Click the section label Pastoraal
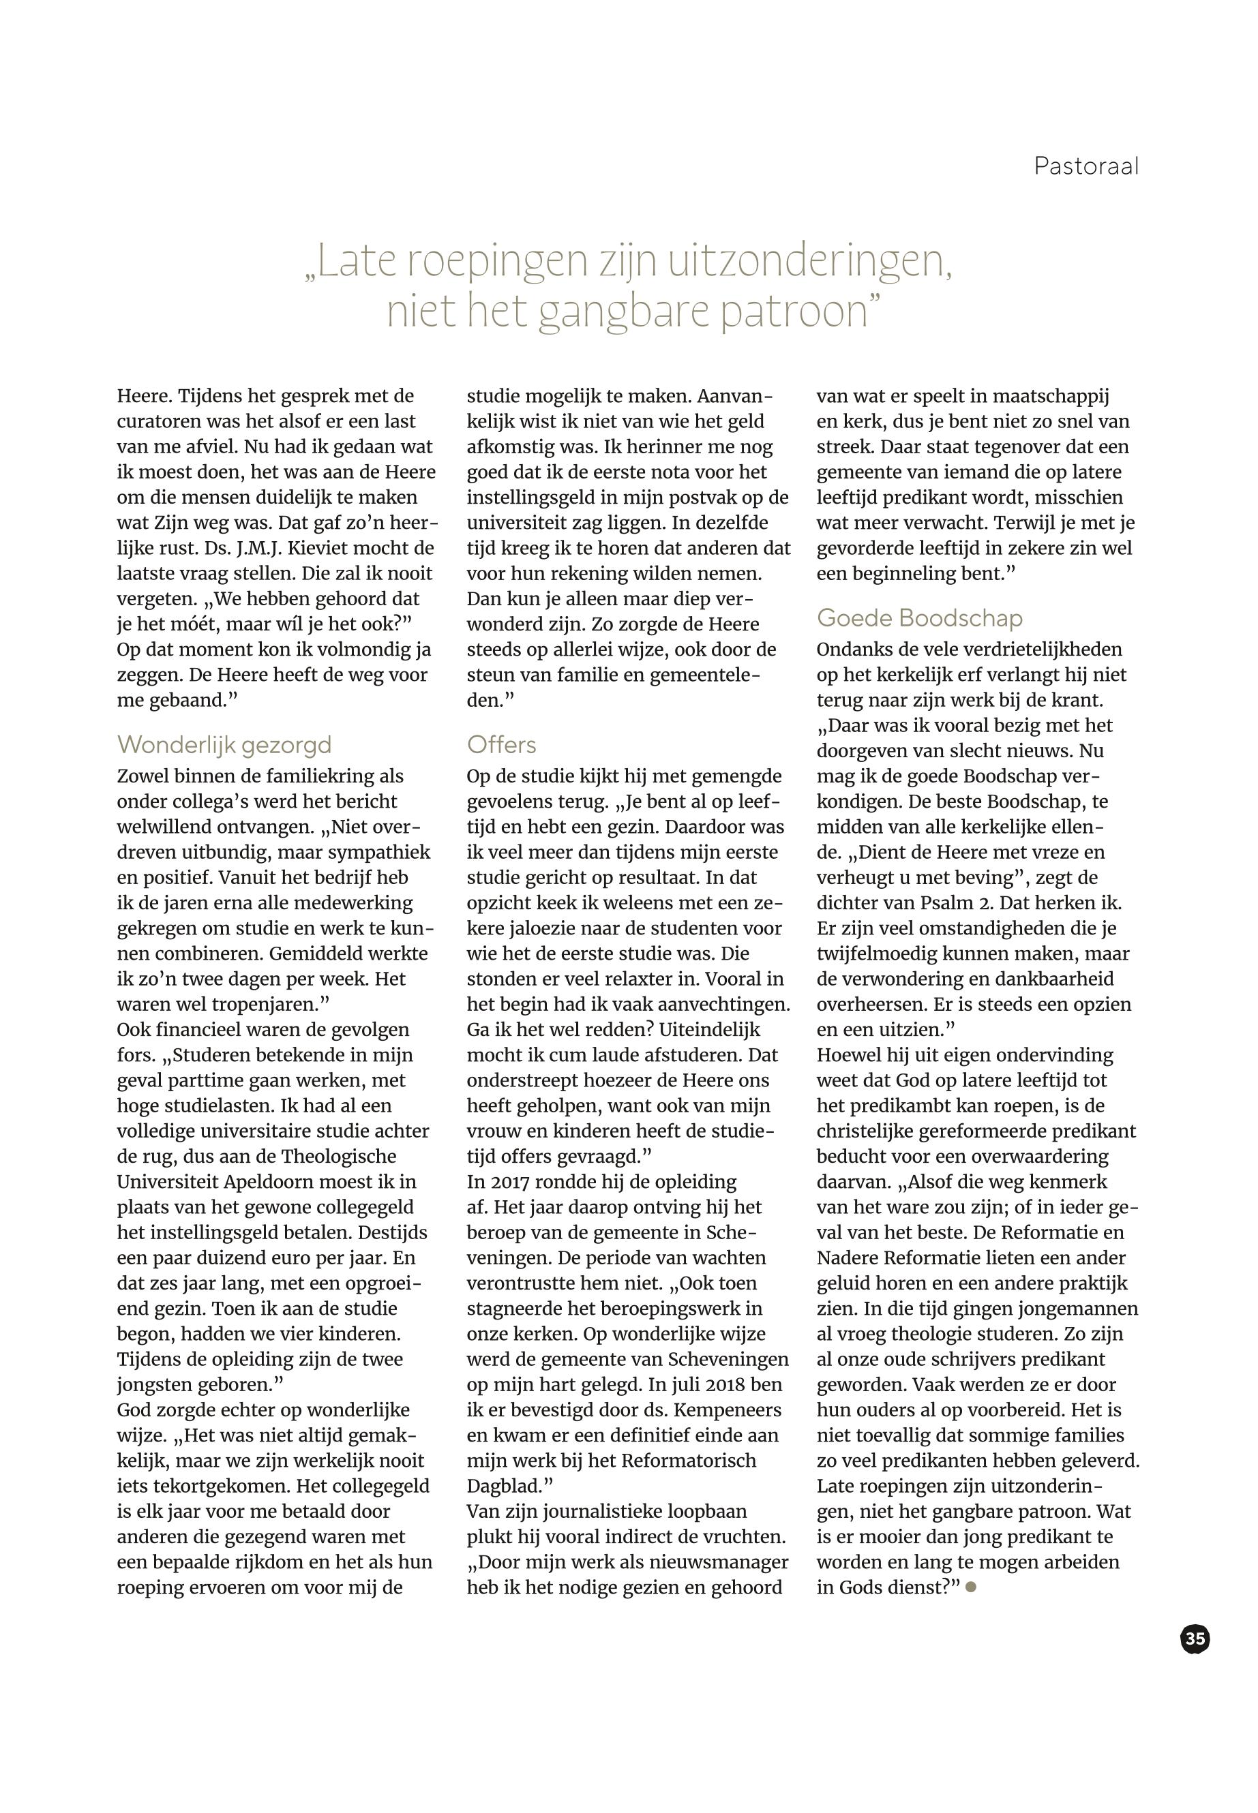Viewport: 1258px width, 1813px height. tap(1085, 166)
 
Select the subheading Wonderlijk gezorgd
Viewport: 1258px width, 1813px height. tap(224, 744)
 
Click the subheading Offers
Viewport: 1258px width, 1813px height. tap(501, 744)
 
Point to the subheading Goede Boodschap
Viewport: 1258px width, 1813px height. tap(919, 618)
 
